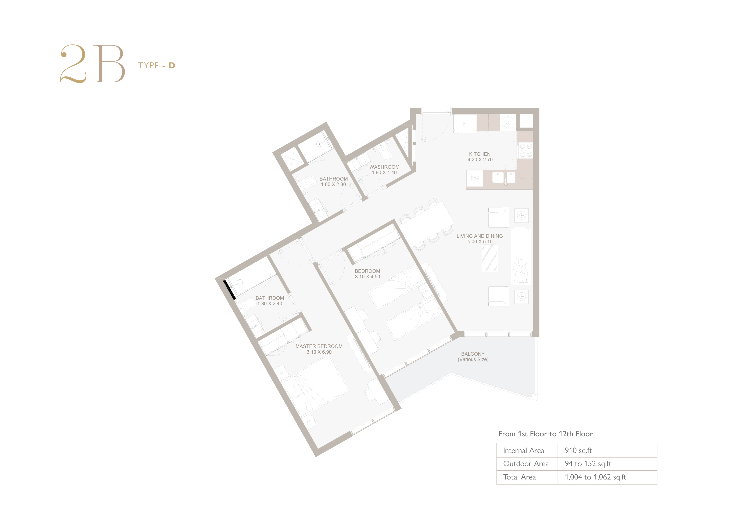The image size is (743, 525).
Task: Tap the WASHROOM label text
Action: pos(384,167)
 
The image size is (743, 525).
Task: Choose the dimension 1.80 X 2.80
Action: pos(333,184)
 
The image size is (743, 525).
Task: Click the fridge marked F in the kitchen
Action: pos(465,123)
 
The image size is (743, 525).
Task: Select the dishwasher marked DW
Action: pos(474,178)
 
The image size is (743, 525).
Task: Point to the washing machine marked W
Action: pos(508,123)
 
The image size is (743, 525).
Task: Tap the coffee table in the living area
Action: pos(490,258)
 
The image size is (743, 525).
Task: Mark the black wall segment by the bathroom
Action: pos(229,290)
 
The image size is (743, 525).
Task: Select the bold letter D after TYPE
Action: pos(172,66)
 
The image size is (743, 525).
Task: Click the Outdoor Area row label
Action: pos(526,464)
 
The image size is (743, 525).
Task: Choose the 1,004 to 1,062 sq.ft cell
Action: pos(595,477)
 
